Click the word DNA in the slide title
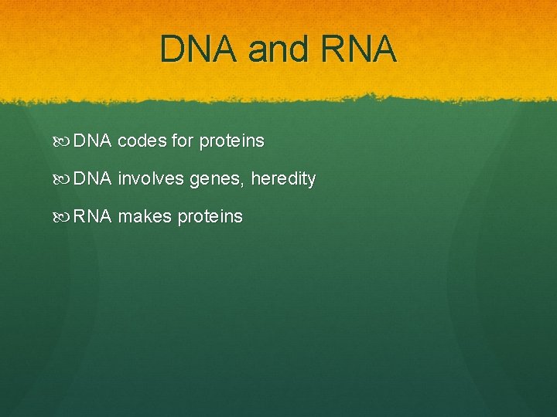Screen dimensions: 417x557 pos(199,49)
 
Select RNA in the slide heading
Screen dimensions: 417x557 pos(361,49)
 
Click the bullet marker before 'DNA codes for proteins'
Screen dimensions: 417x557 pos(64,141)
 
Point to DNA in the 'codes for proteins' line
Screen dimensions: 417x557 pos(93,141)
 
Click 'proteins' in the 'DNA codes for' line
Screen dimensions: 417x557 pos(231,141)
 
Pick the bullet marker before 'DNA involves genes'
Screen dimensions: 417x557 pos(64,179)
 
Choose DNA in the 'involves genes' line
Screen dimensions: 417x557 pos(93,179)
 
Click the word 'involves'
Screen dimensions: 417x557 pos(150,179)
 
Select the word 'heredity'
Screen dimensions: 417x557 pos(283,179)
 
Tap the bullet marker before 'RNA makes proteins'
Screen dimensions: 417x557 pos(64,217)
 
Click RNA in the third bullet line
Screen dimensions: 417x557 pos(93,217)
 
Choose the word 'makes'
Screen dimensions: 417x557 pos(145,217)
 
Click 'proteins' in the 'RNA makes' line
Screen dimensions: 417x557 pos(210,217)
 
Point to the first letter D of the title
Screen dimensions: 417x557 pos(173,49)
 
